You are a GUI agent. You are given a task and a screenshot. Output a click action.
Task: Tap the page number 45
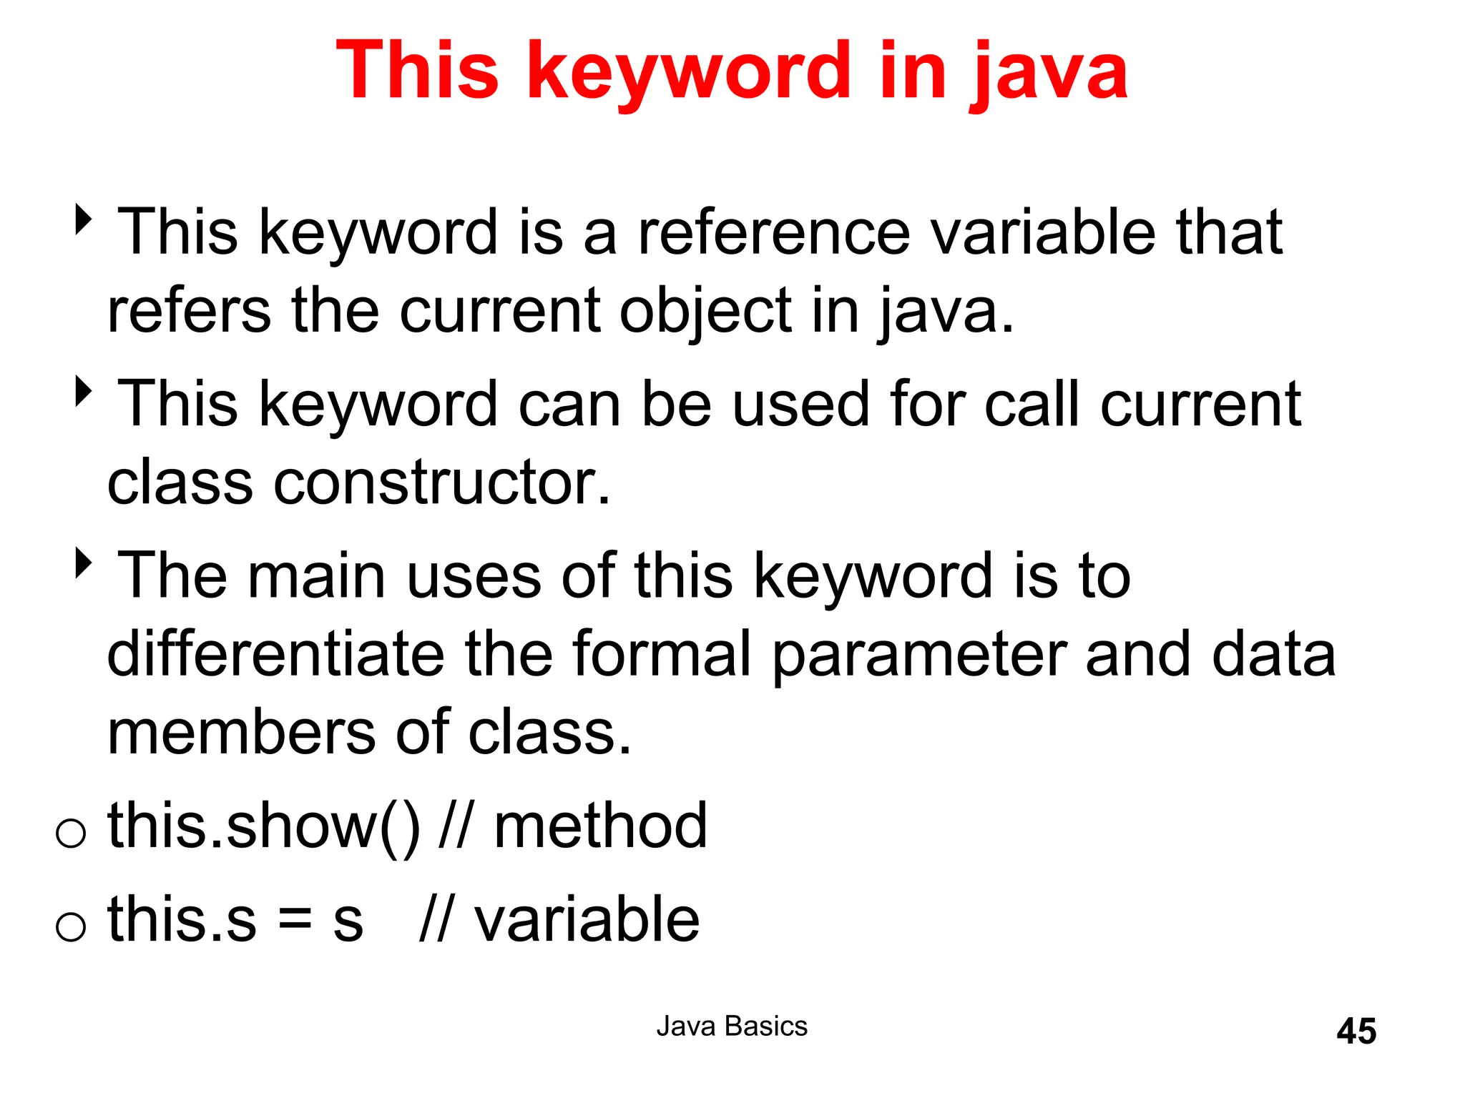pos(1356,1031)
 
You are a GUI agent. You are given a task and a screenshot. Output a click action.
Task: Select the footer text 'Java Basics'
pos(732,1026)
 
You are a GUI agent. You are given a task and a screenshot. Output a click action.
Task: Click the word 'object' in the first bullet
pos(705,312)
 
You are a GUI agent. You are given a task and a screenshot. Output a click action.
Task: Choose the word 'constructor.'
pos(442,482)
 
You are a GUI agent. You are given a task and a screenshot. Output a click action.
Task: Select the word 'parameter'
pos(919,655)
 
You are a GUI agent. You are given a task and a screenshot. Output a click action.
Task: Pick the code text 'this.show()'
pos(264,826)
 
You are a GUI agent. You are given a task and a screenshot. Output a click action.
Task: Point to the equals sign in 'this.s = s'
pos(295,919)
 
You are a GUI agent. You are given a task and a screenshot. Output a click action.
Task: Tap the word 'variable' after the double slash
pos(587,919)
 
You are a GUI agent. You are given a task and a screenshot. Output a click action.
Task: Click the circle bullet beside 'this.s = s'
pos(71,926)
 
